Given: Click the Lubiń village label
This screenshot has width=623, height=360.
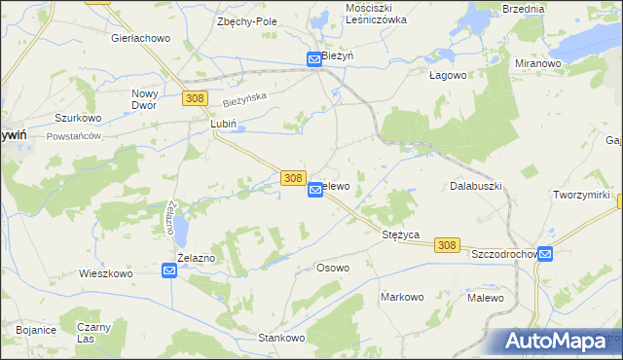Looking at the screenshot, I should (x=224, y=125).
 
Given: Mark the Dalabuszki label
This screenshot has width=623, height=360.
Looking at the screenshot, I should (x=475, y=185).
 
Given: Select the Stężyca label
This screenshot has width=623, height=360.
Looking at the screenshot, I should (x=399, y=234).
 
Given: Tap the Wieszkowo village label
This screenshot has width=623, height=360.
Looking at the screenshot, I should (x=105, y=274).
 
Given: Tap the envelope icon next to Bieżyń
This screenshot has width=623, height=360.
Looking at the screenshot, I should (x=314, y=59).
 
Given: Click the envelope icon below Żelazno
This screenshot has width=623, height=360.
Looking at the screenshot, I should (x=168, y=272).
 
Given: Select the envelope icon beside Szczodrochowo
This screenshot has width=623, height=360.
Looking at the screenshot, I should (x=545, y=254).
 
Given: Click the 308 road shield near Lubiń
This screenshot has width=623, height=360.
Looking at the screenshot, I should (x=194, y=98).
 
